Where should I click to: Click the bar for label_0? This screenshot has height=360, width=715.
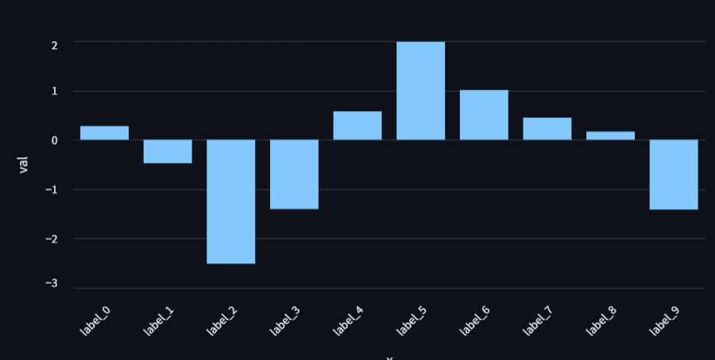pos(104,133)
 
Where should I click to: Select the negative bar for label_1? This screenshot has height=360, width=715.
pos(168,151)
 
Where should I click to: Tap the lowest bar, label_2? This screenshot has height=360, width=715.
pos(231,201)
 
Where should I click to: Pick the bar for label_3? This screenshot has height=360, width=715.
pos(294,174)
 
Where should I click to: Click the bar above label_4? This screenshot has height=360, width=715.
pos(357,126)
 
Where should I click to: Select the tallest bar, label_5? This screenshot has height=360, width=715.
pos(420,91)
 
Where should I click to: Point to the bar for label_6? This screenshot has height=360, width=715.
pos(484,115)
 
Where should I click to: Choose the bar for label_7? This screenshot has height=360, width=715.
pos(547,129)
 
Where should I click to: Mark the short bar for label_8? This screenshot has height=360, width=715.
pos(610,136)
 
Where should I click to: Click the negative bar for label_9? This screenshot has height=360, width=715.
pos(674,174)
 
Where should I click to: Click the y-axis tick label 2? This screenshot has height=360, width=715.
pos(53,45)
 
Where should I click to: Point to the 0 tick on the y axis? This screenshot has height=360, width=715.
pos(53,141)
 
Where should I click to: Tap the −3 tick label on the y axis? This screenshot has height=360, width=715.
pos(51,284)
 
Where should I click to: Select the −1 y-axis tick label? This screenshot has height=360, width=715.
pos(51,190)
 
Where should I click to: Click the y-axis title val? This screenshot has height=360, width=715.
pos(23,165)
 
